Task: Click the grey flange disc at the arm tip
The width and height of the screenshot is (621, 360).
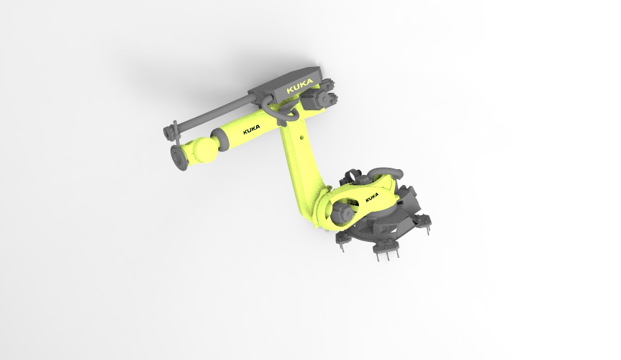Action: pos(178,156)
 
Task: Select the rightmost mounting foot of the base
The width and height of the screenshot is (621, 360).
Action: pos(427,228)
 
